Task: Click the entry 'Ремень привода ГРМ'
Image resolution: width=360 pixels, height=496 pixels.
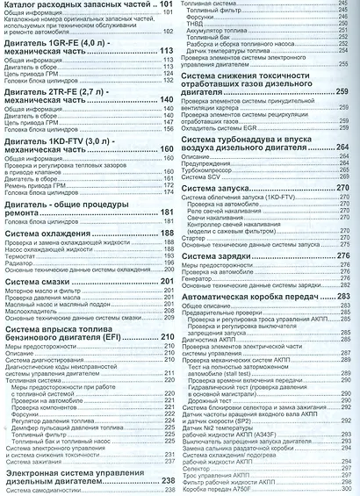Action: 40,162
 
